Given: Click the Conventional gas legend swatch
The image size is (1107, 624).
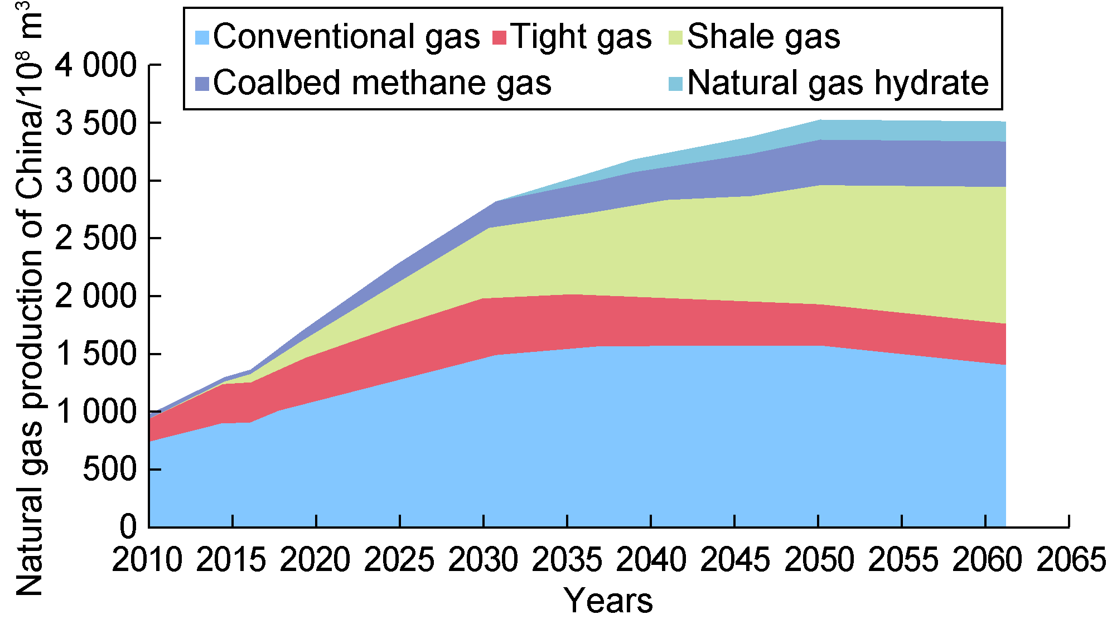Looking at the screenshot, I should click(x=202, y=38).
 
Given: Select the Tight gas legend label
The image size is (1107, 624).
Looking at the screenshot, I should click(x=581, y=37).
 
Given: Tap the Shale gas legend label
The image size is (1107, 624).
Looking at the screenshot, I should click(x=763, y=37).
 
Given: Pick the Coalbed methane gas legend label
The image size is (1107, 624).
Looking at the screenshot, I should click(x=382, y=83).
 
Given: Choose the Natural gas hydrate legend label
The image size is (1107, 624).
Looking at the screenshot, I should click(x=838, y=83).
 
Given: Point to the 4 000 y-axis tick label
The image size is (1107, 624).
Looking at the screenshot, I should click(x=96, y=65).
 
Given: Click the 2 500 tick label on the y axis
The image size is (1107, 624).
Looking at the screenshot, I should click(x=96, y=239).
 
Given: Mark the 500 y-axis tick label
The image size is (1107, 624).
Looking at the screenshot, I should click(x=110, y=469).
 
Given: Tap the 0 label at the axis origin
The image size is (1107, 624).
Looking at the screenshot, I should click(x=128, y=526).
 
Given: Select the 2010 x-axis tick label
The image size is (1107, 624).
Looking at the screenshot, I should click(x=147, y=559).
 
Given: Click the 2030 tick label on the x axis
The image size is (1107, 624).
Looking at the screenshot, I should click(x=483, y=559).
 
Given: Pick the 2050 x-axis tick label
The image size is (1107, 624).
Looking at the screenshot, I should click(x=819, y=559).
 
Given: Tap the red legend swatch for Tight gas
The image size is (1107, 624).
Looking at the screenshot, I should click(x=500, y=38).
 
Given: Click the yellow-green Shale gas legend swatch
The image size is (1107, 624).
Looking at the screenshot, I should click(x=676, y=38).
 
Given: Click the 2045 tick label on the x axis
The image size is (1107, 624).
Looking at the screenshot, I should click(x=735, y=559).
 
